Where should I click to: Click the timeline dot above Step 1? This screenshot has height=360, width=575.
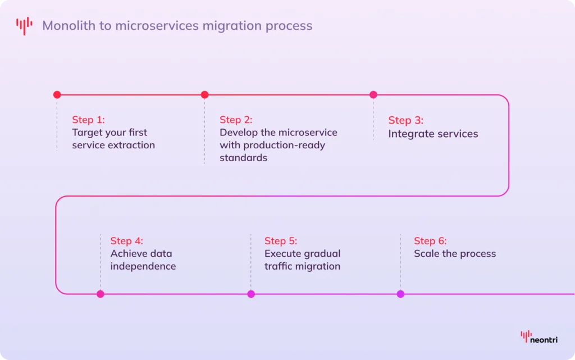[x=57, y=94]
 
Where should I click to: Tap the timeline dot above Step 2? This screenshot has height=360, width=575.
[x=204, y=94]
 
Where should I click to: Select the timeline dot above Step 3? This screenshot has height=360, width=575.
[x=373, y=94]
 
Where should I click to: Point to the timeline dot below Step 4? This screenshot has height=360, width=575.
[x=101, y=294]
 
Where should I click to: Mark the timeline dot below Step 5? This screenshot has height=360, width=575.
[x=251, y=294]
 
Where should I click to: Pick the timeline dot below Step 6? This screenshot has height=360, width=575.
[x=400, y=294]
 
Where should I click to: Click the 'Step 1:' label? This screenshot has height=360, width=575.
[x=88, y=120]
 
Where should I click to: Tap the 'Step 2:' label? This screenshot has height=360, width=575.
[x=236, y=120]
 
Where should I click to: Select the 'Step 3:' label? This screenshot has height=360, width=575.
[x=406, y=120]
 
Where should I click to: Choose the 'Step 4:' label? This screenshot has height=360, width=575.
[x=126, y=241]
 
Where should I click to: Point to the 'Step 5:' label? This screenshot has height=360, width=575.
[x=281, y=241]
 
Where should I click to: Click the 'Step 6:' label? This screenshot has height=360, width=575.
[x=430, y=241]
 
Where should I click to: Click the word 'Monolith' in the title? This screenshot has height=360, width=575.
[x=69, y=26]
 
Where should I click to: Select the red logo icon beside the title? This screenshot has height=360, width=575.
[x=24, y=26]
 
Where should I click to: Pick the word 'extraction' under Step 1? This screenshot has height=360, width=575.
[x=134, y=145]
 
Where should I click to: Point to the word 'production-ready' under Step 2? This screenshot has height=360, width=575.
[x=284, y=145]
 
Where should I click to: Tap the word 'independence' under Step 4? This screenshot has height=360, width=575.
[x=143, y=267]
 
